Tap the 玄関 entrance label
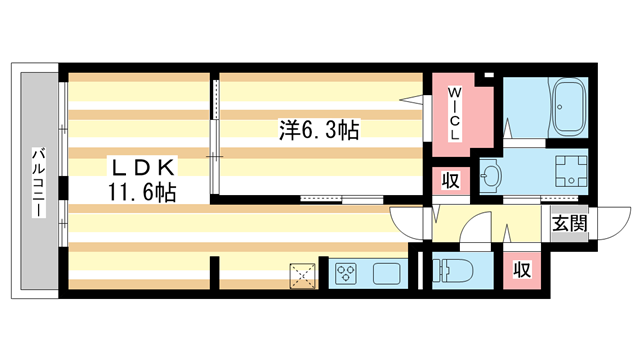[x=565, y=224]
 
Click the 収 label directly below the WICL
[x=451, y=182]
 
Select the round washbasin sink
[x=491, y=176]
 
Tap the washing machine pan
[x=569, y=169]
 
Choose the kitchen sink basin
[x=385, y=272]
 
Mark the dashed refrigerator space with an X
[x=302, y=273]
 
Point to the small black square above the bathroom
[x=487, y=76]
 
